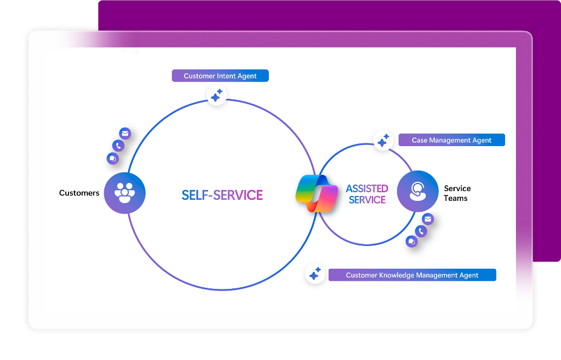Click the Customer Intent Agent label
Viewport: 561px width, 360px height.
220,76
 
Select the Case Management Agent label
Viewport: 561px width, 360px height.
451,140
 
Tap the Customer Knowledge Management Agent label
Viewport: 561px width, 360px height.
412,275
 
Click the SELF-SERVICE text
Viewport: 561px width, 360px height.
222,195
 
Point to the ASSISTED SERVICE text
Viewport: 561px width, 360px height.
367,194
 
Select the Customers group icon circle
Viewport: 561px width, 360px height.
125,193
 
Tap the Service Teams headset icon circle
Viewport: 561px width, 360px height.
417,191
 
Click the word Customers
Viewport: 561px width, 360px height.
79,193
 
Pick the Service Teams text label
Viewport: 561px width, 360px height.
457,193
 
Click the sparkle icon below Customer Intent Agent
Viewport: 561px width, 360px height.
217,96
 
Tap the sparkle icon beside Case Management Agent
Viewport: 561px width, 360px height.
383,141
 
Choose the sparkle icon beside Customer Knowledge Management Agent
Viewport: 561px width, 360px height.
314,274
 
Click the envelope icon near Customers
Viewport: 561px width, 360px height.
125,134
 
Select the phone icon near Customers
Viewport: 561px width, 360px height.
118,146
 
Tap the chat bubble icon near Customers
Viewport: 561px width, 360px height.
113,159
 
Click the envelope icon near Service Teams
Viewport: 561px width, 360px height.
428,219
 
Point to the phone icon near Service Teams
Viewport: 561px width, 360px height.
421,231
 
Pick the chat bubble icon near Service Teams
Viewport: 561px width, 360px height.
412,242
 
